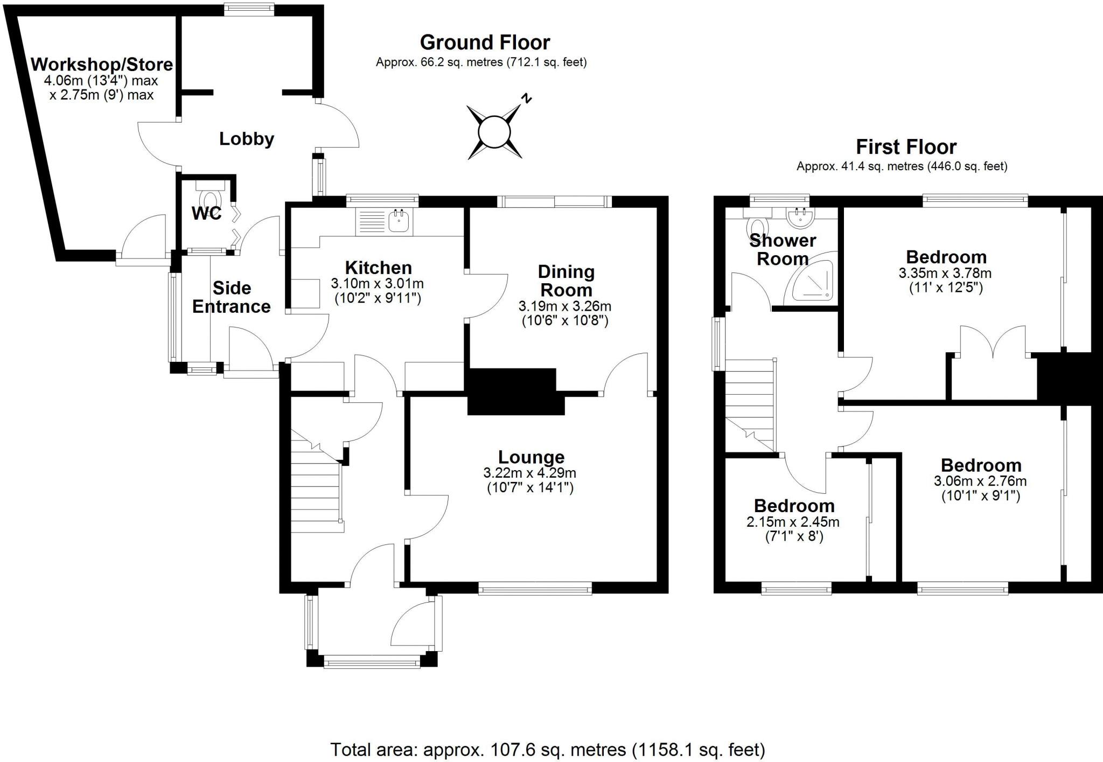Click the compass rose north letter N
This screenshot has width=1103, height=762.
pyautogui.click(x=527, y=99)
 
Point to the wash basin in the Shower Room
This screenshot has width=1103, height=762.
pyautogui.click(x=801, y=216)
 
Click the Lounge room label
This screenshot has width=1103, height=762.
pyautogui.click(x=531, y=457)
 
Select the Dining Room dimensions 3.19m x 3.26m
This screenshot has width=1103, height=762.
pyautogui.click(x=565, y=306)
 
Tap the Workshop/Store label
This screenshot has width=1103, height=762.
pyautogui.click(x=102, y=65)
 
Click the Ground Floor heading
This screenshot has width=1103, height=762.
pyautogui.click(x=485, y=42)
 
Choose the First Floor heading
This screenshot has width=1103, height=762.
pyautogui.click(x=906, y=146)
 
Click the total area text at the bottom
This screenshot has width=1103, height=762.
pyautogui.click(x=547, y=749)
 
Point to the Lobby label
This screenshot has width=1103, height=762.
pyautogui.click(x=247, y=139)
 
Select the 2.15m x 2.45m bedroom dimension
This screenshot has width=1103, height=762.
pyautogui.click(x=793, y=522)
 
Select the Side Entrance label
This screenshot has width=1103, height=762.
pyautogui.click(x=232, y=297)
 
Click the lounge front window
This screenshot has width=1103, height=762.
pyautogui.click(x=535, y=590)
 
